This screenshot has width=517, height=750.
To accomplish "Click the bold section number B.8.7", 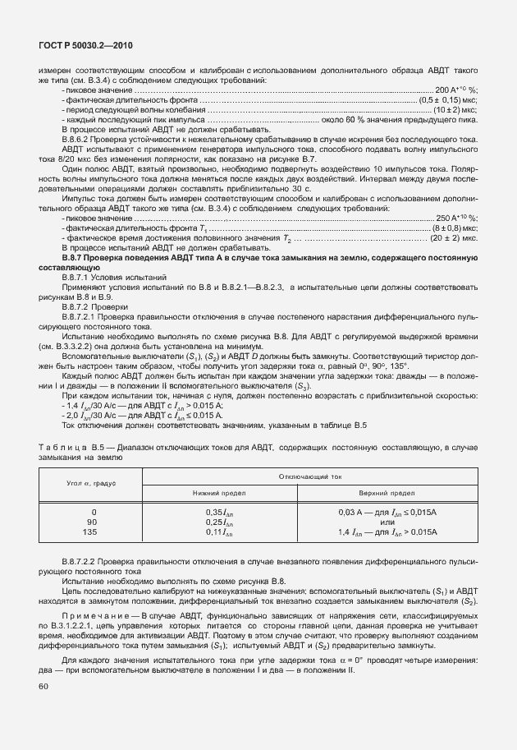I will [76, 258].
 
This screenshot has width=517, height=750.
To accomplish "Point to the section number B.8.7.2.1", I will [85, 315].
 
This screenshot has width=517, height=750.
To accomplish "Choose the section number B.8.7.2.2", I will [85, 559].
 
